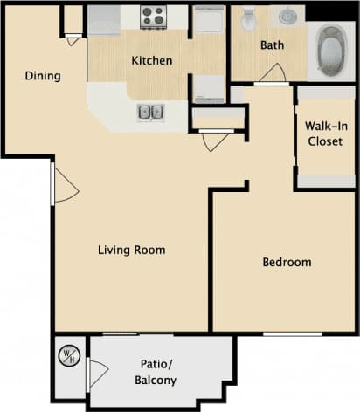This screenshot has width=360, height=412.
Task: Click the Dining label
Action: coord(43,76)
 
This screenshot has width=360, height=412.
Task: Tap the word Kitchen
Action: coord(152,61)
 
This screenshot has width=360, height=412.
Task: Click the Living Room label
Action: coord(131,251)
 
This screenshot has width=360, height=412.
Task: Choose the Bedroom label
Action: coord(287,262)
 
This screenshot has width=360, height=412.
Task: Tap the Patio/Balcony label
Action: coord(158,372)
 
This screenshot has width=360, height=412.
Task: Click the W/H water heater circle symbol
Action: coord(67,356)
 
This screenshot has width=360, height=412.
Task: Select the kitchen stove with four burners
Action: coord(154,16)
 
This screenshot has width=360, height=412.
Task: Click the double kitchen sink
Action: coord(149,112)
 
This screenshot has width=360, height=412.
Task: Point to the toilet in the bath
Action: coord(249,17)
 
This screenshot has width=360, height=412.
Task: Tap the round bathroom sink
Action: coord(287,16)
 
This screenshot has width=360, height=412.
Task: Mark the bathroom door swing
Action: coord(272,73)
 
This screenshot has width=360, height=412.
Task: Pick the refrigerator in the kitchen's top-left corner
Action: coord(104,19)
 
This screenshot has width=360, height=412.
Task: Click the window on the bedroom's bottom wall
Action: coord(293,333)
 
